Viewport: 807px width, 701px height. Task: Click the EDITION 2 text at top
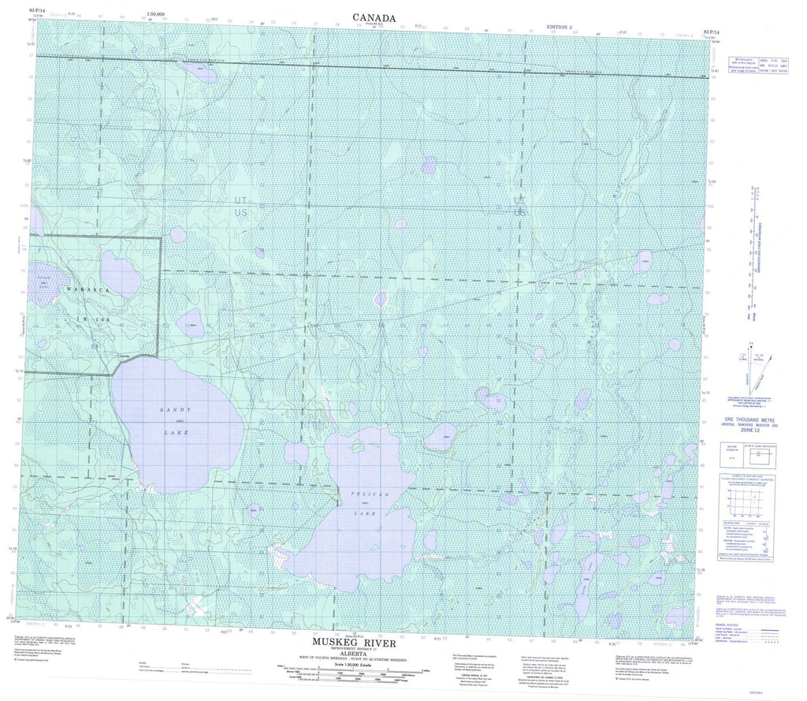[x=562, y=28]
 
